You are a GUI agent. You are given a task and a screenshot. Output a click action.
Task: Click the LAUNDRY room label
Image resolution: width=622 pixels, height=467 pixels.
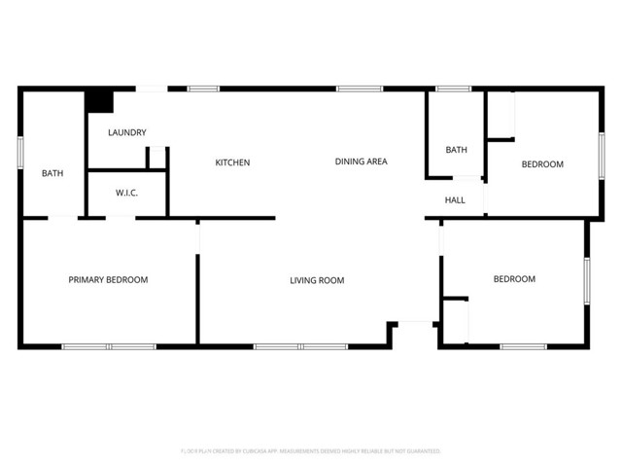coord(127,132)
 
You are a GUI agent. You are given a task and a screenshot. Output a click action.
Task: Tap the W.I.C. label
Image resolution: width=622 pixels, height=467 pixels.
coord(127,193)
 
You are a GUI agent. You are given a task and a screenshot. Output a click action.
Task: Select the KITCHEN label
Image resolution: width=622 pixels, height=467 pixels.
coord(232,162)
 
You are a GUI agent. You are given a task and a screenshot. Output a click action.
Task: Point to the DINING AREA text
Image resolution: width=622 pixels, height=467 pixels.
coord(362,162)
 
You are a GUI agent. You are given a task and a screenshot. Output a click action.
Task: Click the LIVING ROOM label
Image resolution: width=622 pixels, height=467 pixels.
coord(317,281)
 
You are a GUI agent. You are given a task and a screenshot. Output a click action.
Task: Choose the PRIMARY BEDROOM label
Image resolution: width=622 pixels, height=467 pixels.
coord(108,280)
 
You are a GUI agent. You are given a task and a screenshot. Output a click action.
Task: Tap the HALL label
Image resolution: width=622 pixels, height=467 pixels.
coord(455,200)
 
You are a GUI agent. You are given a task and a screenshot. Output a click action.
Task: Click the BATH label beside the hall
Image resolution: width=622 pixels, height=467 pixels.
coord(456,150)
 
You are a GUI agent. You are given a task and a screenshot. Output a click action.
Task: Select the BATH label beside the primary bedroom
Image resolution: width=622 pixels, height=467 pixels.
coord(52,174)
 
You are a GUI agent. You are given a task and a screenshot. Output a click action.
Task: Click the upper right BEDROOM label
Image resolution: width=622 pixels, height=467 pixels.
coord(542,164)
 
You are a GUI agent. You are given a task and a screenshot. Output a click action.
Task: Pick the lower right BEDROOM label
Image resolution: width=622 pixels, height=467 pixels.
coord(514,279)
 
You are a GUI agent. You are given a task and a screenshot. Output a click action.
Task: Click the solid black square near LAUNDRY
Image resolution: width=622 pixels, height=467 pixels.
coord(99,101)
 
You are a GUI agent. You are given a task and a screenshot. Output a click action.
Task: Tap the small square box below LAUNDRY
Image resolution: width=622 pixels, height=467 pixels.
coord(157,159)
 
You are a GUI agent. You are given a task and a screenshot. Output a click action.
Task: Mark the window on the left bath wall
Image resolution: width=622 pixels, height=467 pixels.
coord(20,154)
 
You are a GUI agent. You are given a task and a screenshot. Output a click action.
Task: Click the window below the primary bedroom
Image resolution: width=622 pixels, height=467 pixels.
coord(109,346)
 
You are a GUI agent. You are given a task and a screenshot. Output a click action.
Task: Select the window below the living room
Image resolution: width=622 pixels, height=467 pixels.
coord(300,346)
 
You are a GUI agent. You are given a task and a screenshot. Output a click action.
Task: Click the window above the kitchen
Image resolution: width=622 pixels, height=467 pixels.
coord(203,90)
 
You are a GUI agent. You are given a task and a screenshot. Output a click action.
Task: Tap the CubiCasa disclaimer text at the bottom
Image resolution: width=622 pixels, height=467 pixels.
coord(311,451)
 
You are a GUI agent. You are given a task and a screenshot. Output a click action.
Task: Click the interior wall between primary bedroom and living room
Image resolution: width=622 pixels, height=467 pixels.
coord(198,297)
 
